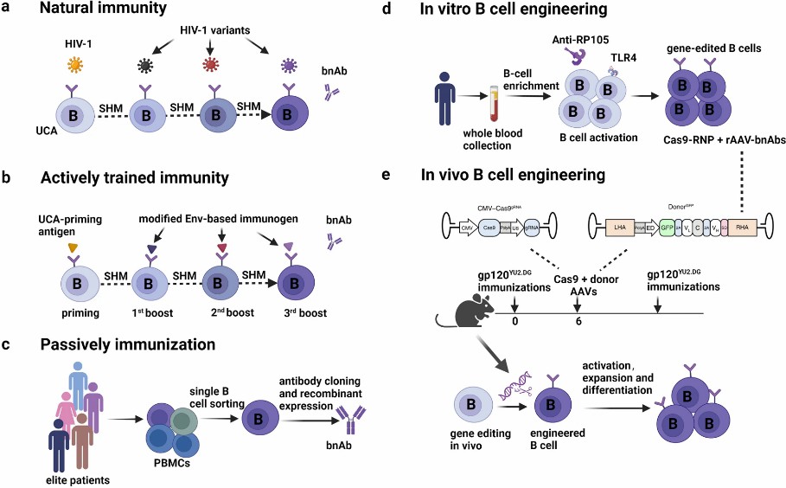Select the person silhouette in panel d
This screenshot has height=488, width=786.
point(425,105)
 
